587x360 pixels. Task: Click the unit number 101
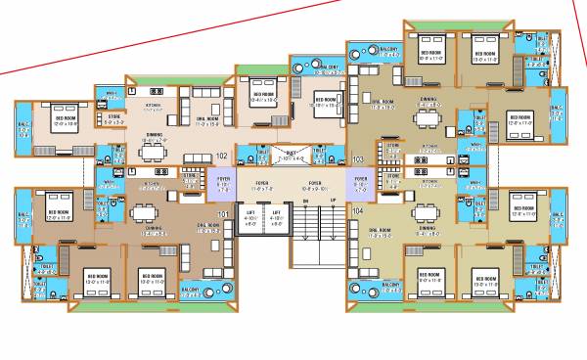coord(222,212)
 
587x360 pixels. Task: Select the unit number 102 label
coord(222,156)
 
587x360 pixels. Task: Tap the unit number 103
coord(357,157)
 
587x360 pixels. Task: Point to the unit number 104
coord(357,211)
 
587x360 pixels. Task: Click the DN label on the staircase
coord(304,201)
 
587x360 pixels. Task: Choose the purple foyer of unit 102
coord(221,182)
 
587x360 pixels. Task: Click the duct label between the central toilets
coord(291,156)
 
